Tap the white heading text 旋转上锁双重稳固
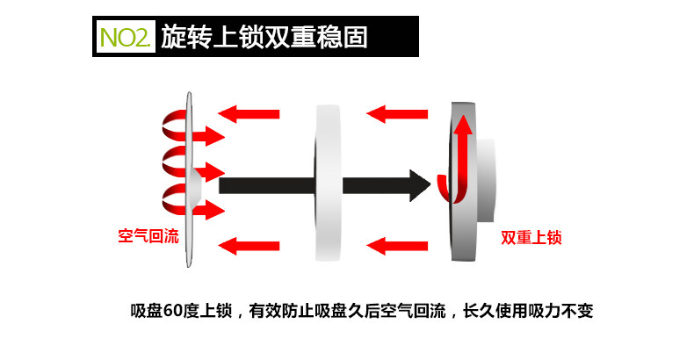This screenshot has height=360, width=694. pos(264,37)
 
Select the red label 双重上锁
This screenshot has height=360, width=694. pos(531,236)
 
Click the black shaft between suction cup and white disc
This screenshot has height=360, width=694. pos(264,184)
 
